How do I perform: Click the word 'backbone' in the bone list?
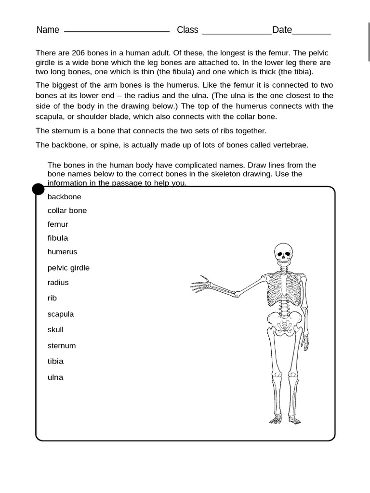(x=64, y=197)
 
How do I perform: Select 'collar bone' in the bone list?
(x=67, y=211)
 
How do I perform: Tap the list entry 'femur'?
(x=58, y=224)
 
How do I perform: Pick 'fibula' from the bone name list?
(x=58, y=238)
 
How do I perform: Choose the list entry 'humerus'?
(x=62, y=252)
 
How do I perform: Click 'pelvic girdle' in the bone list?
(x=68, y=268)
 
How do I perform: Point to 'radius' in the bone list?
(x=58, y=283)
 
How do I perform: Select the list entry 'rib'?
(x=52, y=298)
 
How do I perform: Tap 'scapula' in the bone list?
(x=61, y=314)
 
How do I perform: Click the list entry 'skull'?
(x=55, y=330)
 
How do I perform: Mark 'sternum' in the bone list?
(x=62, y=346)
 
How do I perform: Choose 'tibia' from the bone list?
(x=55, y=362)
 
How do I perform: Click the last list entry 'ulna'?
(x=55, y=377)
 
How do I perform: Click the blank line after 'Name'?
(x=117, y=30)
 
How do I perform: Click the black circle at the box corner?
(x=38, y=189)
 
